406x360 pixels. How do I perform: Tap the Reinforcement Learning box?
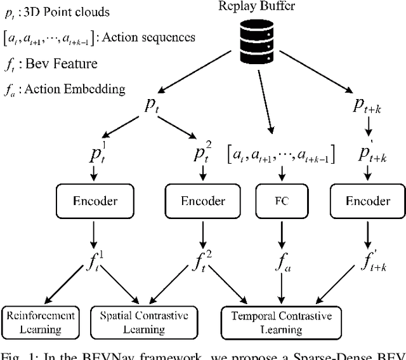click(41, 321)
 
